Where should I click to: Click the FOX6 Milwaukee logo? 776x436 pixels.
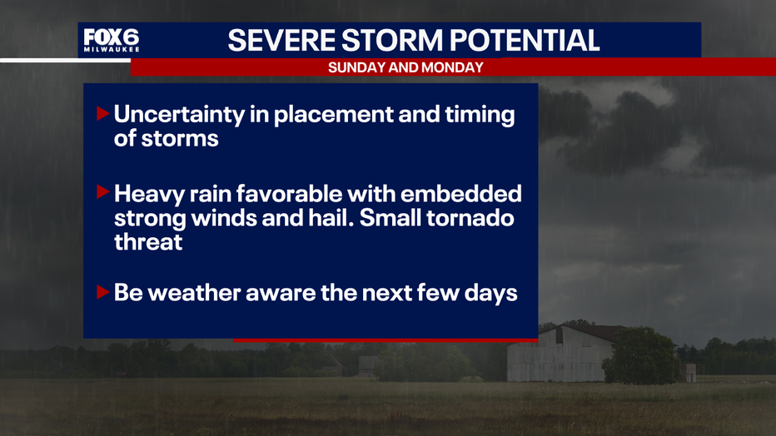click(112, 40)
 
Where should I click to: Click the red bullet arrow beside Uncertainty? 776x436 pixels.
click(103, 114)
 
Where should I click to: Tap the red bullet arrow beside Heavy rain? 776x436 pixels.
click(103, 192)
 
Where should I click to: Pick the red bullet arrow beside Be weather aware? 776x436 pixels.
click(103, 292)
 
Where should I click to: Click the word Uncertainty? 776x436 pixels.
click(179, 115)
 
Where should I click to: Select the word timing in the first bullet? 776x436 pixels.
click(480, 116)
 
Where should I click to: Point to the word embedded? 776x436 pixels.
click(460, 193)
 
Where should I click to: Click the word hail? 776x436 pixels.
click(331, 218)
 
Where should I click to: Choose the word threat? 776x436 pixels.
click(148, 242)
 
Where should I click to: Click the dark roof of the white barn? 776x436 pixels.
click(594, 332)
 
